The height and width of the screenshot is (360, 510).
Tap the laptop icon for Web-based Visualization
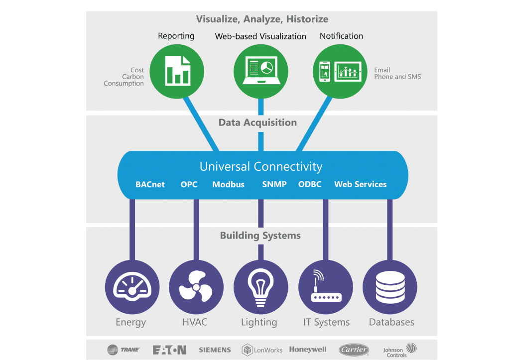coord(260,71)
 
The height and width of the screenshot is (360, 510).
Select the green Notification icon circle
coord(342,71)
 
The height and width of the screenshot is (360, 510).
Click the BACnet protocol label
coord(149,184)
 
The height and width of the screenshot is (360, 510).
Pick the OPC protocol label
coord(189,184)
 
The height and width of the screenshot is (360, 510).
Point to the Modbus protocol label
coord(228,184)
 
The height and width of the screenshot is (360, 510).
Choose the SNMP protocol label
coord(274,184)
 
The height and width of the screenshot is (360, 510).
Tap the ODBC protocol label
coord(310,184)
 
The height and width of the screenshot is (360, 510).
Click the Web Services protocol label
coord(360,184)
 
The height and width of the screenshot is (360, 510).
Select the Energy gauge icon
coord(132,287)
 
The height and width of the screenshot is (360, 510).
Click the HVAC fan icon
coord(196,287)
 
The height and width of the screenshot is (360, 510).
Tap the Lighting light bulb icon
coord(260,287)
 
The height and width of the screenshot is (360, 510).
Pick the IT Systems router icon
coord(325,287)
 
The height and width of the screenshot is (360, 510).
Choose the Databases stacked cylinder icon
coord(389,287)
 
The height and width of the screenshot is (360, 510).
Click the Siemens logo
coord(215,350)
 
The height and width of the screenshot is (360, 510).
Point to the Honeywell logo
coord(308,350)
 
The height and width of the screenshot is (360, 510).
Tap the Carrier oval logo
coord(354,350)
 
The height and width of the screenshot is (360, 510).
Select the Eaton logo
coord(169,350)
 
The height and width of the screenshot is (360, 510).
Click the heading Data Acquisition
coord(257,122)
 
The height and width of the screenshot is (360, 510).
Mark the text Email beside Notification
coord(382,70)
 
